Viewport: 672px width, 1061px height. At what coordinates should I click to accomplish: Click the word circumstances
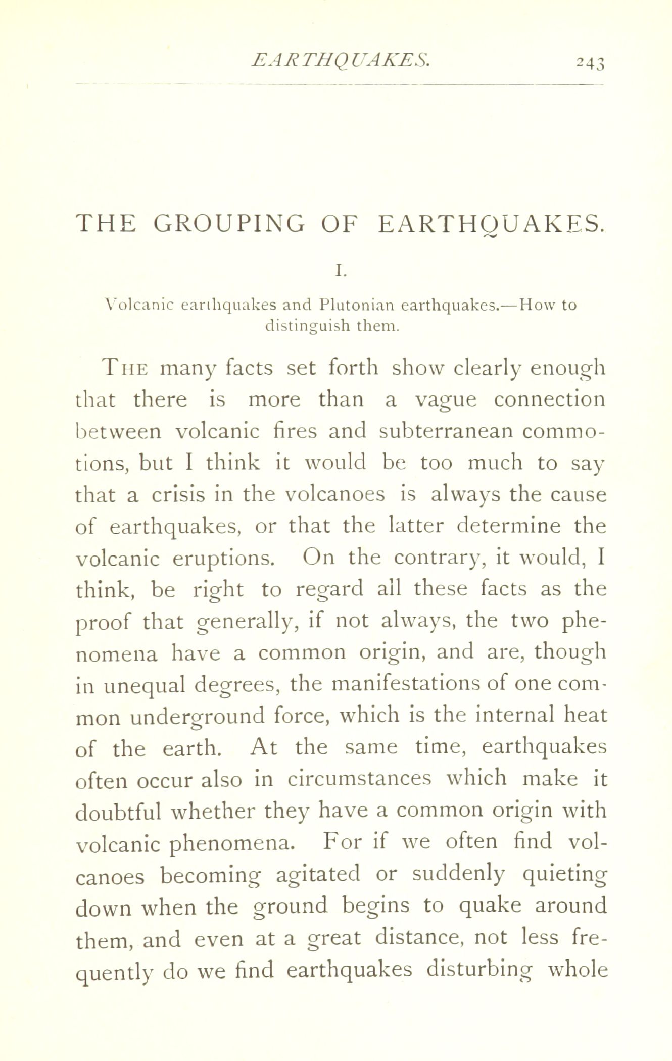tap(359, 779)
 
